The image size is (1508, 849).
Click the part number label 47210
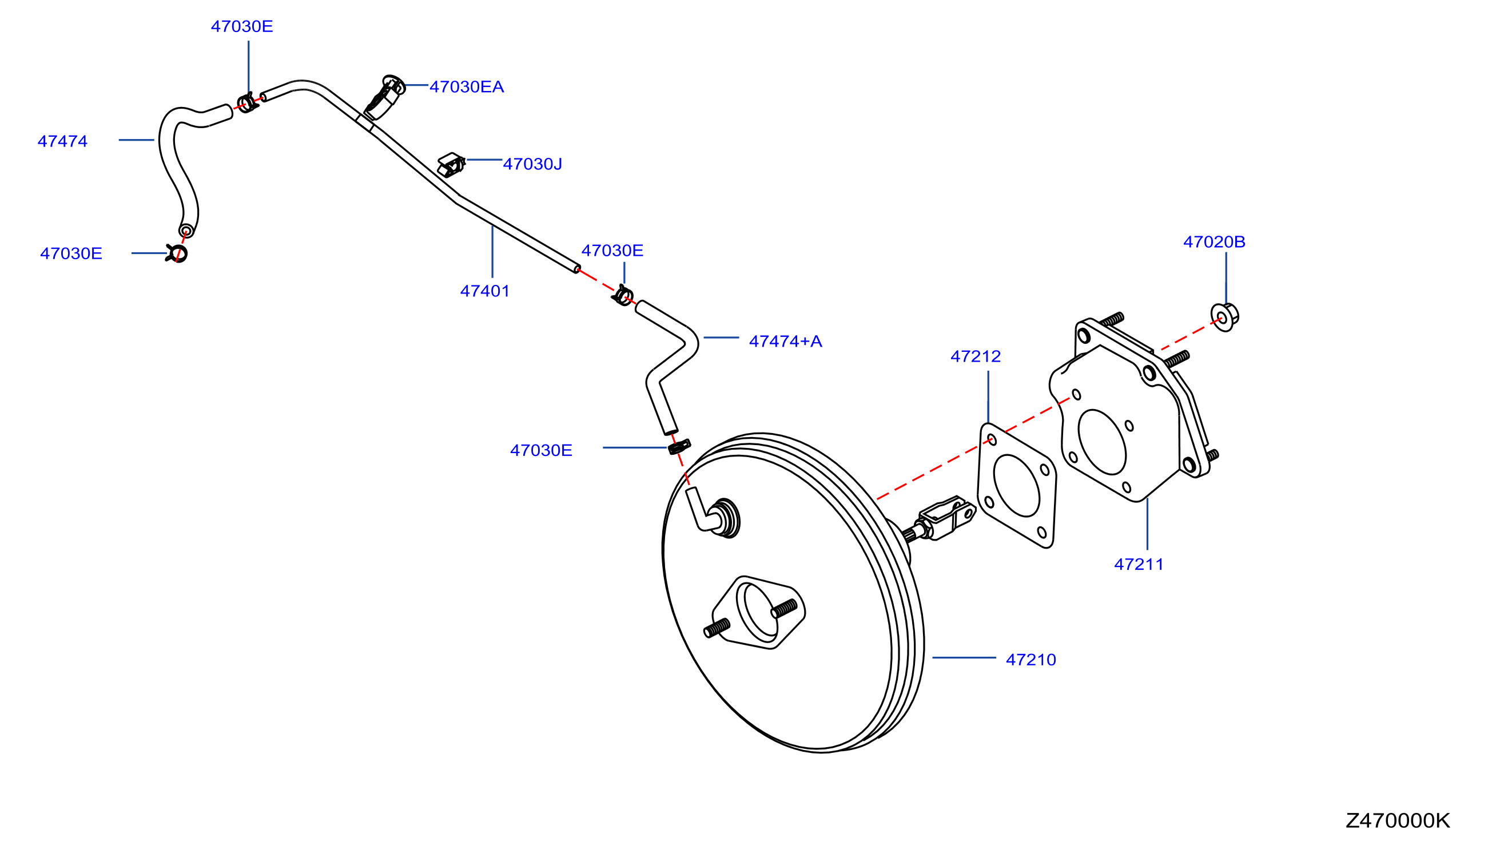click(x=1030, y=660)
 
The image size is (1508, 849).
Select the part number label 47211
click(x=1139, y=565)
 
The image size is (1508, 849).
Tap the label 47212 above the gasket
click(x=975, y=356)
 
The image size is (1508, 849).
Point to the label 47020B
click(x=1214, y=242)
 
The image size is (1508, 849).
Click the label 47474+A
click(x=786, y=342)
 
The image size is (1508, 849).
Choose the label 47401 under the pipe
click(x=485, y=291)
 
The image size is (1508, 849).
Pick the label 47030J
click(x=533, y=164)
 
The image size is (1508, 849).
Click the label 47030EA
click(x=467, y=86)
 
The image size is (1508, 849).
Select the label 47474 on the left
click(x=63, y=141)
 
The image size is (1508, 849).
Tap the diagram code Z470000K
click(x=1398, y=821)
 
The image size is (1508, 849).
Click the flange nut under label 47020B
click(x=1225, y=318)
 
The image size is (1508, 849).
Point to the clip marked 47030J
click(x=451, y=165)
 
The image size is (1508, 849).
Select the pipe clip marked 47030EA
click(x=385, y=97)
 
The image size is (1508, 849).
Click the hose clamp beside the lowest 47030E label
click(x=679, y=447)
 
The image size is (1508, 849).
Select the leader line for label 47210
click(x=964, y=658)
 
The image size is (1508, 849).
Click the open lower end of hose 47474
click(x=186, y=230)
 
